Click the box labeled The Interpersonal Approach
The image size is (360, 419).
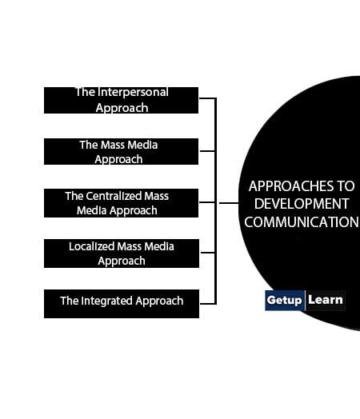point(121,100)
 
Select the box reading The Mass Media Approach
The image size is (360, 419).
point(121,152)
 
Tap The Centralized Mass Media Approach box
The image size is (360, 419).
point(121,203)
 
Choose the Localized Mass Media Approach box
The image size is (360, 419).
point(121,253)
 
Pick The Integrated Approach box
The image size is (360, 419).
point(121,303)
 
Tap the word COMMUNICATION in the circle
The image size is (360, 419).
point(301,221)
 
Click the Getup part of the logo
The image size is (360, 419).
point(285,301)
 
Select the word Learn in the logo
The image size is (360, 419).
point(325,301)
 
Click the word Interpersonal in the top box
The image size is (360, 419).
point(134,93)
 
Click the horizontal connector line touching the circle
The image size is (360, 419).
point(229,203)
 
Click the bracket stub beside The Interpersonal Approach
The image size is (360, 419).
point(207,98)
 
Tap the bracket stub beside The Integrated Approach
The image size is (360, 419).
point(207,303)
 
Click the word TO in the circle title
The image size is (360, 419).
point(347,186)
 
